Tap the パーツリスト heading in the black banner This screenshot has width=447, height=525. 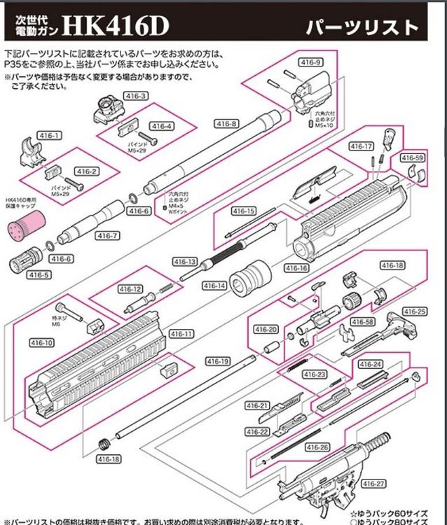coord(362,27)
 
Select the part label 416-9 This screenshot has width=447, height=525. coord(310,63)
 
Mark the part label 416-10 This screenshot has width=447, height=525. coord(42,343)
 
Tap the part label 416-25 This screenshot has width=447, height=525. coord(415,311)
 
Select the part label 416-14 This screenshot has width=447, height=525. coord(214,286)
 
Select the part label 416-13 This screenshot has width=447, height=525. coord(184,261)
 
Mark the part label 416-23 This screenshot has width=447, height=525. coord(315,374)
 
